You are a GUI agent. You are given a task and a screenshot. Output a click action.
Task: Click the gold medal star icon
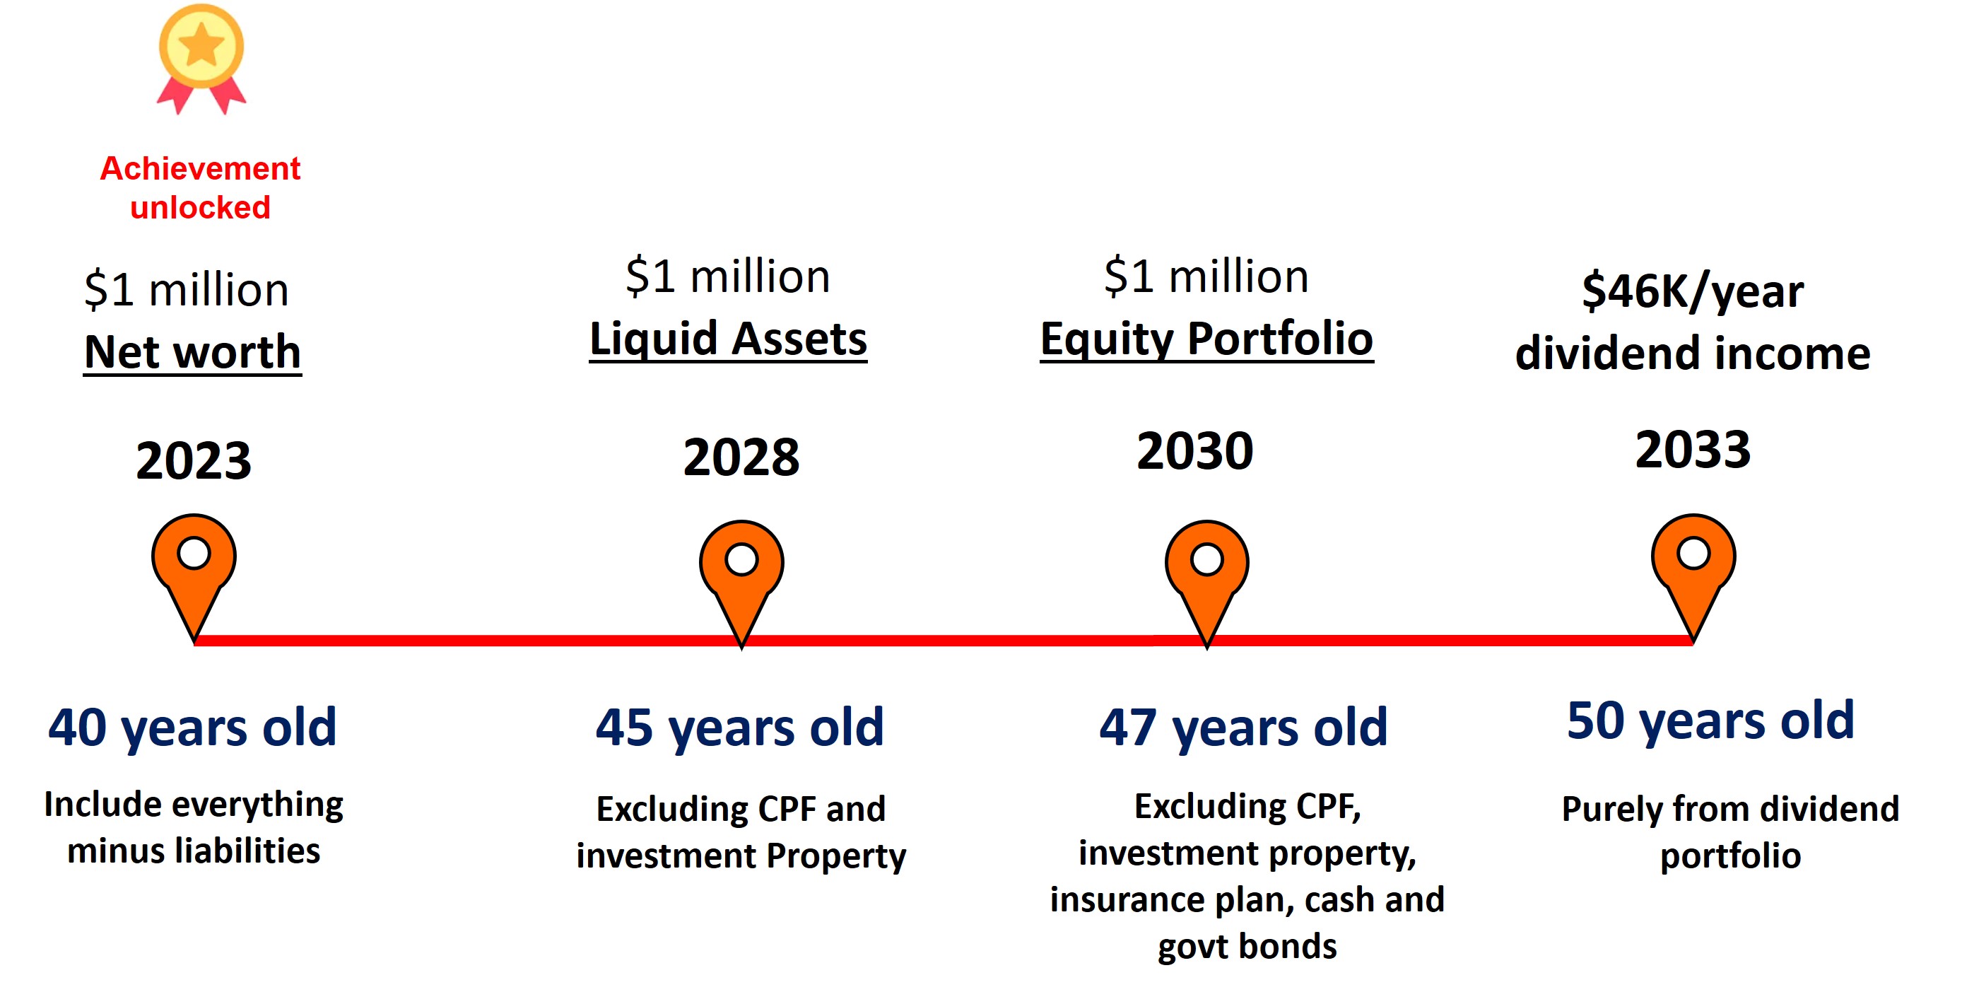pos(201,58)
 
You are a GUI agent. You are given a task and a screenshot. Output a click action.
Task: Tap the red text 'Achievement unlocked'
pos(200,187)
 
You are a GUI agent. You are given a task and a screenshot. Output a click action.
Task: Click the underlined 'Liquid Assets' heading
pos(728,339)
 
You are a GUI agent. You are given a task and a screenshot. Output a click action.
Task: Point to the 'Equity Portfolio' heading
pos(1206,339)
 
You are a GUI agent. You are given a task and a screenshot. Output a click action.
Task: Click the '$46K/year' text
pos(1693,291)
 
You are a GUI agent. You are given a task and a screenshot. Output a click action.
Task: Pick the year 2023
pos(194,461)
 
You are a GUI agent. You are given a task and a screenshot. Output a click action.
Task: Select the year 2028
pos(741,458)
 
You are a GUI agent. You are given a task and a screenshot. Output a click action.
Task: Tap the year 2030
pos(1195,451)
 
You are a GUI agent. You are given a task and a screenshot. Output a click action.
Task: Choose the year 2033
pos(1693,450)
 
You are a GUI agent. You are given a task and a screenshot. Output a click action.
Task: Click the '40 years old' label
pos(192,728)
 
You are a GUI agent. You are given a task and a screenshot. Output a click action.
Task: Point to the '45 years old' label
pos(739,728)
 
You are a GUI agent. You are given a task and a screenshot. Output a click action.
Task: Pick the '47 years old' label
pos(1243,728)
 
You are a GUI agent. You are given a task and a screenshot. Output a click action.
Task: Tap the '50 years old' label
pos(1710,720)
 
